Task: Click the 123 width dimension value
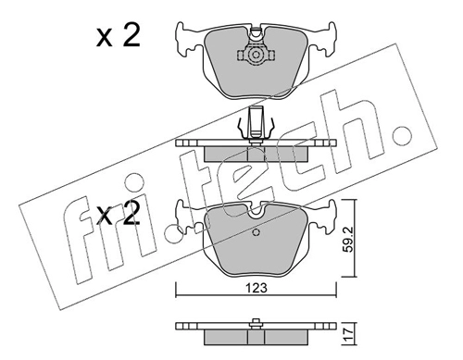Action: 257,288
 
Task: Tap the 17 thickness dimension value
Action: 348,333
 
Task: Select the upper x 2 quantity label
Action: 119,35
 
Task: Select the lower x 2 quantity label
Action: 119,213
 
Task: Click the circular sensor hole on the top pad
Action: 256,56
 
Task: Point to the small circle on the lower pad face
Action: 256,232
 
